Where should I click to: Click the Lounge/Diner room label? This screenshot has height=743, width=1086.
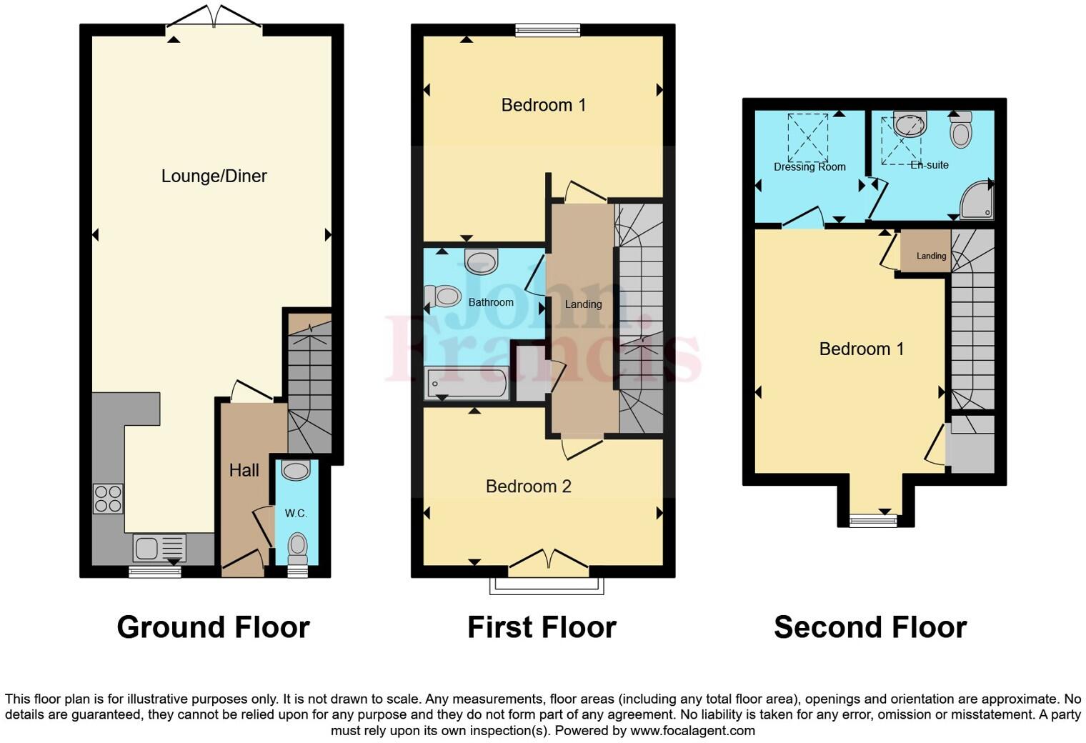(214, 176)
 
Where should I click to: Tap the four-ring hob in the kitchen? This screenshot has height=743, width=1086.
(108, 499)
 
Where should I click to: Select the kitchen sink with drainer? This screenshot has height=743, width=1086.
(159, 548)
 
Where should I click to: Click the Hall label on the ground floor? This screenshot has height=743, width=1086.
(244, 470)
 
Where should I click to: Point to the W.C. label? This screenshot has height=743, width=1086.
(296, 513)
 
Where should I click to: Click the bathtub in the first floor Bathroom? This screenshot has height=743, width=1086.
(467, 384)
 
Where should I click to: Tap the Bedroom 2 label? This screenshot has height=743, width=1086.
(528, 487)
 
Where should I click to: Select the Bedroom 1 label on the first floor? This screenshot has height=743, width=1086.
(543, 105)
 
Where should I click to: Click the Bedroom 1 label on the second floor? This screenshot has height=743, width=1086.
(861, 349)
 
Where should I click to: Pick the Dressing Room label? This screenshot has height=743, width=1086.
(809, 166)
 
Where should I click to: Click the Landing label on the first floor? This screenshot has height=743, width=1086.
(583, 304)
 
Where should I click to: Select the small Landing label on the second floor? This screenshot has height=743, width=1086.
(931, 256)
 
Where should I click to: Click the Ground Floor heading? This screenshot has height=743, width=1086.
(213, 627)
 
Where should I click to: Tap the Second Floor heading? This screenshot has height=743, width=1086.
(870, 627)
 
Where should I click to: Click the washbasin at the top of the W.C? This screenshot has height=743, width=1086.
(296, 470)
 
